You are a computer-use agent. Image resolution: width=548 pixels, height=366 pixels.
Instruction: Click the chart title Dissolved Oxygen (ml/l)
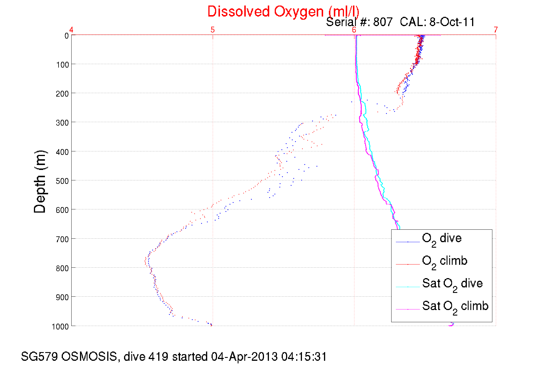coord(283,12)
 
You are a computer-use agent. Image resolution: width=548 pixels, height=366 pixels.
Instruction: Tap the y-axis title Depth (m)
coord(40,182)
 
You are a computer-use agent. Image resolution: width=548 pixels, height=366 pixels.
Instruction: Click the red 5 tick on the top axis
coord(213,30)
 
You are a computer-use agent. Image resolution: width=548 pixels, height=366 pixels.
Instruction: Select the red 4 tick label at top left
coord(71,30)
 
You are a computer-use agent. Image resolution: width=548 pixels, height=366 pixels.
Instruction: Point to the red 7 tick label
coord(496,30)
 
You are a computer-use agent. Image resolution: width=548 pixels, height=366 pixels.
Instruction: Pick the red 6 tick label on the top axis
coord(354,30)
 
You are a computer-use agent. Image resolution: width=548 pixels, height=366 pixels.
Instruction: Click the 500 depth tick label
coord(63,181)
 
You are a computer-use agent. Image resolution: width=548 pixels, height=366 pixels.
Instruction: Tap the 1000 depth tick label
coord(60,327)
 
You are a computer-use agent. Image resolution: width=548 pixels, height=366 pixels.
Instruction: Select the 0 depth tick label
coord(67,36)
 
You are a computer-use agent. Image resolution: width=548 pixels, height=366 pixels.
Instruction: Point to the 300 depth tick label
coord(63,123)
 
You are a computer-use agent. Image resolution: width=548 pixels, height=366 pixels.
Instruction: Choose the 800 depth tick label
coord(63,268)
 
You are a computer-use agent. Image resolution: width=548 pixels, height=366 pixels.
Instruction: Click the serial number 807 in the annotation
coord(383,22)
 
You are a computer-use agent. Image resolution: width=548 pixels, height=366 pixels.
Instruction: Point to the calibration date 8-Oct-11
coord(452,22)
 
